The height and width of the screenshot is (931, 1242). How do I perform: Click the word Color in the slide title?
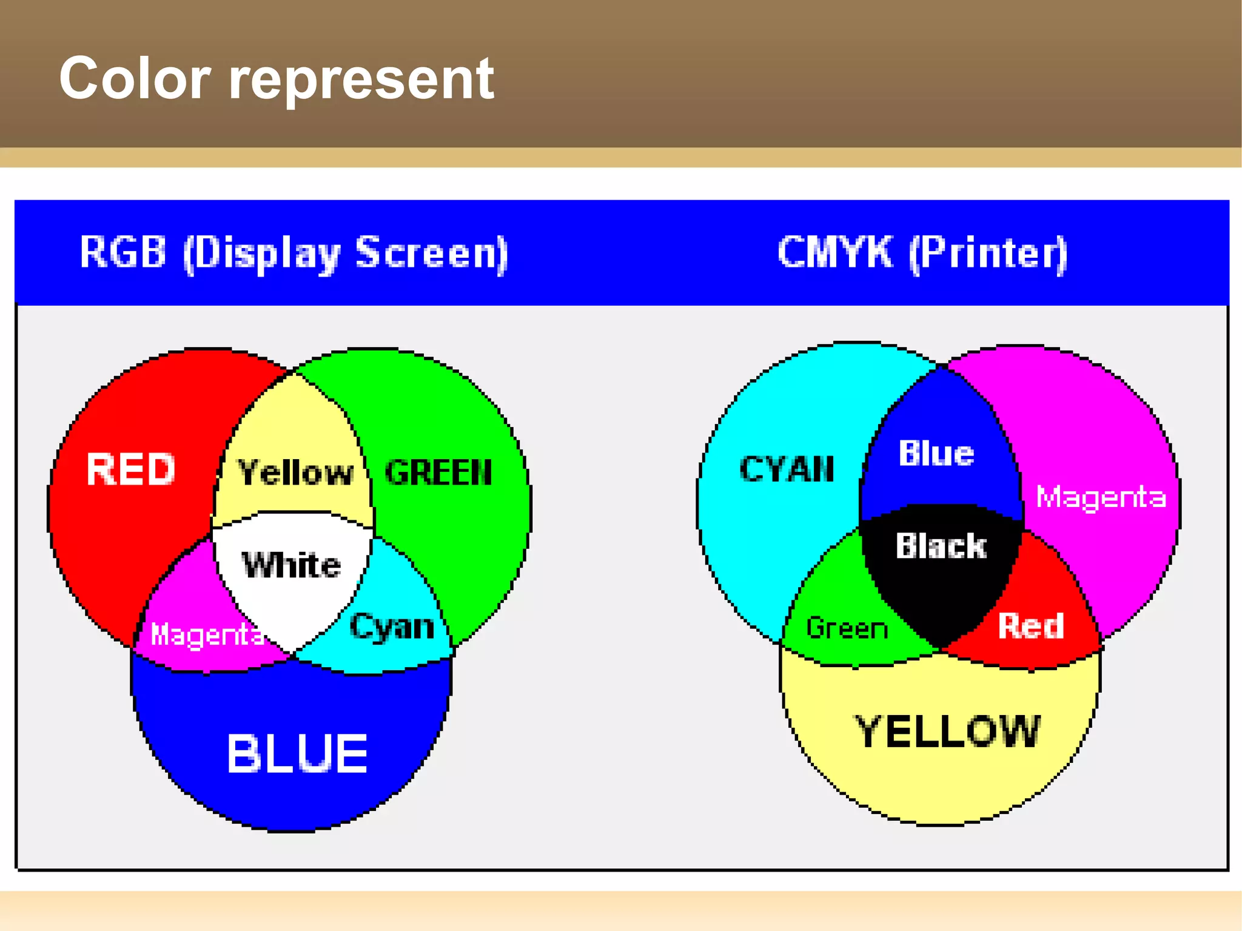click(x=135, y=78)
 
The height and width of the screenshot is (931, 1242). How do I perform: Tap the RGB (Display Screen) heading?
click(x=294, y=253)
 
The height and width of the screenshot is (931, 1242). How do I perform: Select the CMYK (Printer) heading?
click(x=922, y=253)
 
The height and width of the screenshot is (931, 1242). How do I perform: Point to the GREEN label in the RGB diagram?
click(x=438, y=472)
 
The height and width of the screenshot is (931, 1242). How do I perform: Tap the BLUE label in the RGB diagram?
click(x=297, y=753)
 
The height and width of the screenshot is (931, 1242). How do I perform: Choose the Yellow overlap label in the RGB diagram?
click(x=295, y=472)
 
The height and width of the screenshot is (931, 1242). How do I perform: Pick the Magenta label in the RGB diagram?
click(x=207, y=634)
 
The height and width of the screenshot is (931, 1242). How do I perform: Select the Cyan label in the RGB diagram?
click(x=392, y=627)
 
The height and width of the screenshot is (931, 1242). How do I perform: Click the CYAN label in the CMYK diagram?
click(x=787, y=469)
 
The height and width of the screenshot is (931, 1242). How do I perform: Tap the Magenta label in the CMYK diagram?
click(x=1101, y=497)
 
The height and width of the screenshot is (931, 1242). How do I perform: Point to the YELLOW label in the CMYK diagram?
click(x=947, y=731)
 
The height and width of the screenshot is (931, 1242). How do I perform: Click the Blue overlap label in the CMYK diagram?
click(x=936, y=453)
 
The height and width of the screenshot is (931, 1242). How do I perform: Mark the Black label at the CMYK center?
click(x=941, y=545)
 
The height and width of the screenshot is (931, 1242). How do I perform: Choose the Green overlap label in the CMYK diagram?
click(x=847, y=628)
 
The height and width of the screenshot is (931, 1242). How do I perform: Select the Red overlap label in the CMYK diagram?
click(x=1031, y=625)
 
